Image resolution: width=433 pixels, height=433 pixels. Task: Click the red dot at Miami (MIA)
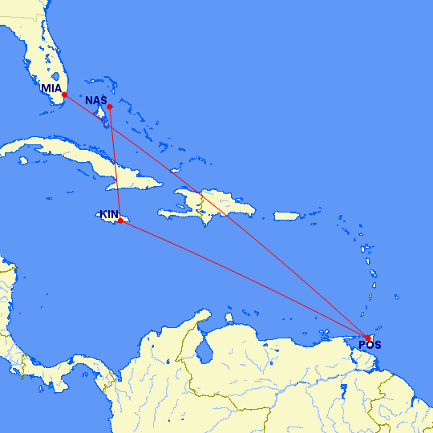click(64, 95)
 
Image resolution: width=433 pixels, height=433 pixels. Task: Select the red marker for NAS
click(110, 106)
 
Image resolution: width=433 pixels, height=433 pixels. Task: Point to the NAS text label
click(96, 100)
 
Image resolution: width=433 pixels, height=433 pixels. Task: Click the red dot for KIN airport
click(120, 221)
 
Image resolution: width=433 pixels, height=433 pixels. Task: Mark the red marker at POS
click(368, 338)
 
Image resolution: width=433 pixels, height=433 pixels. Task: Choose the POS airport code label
click(370, 346)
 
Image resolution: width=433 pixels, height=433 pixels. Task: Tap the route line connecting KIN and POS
click(241, 278)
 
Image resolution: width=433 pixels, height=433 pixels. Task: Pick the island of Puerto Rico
click(286, 216)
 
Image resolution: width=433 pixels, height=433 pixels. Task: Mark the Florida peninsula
click(44, 60)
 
